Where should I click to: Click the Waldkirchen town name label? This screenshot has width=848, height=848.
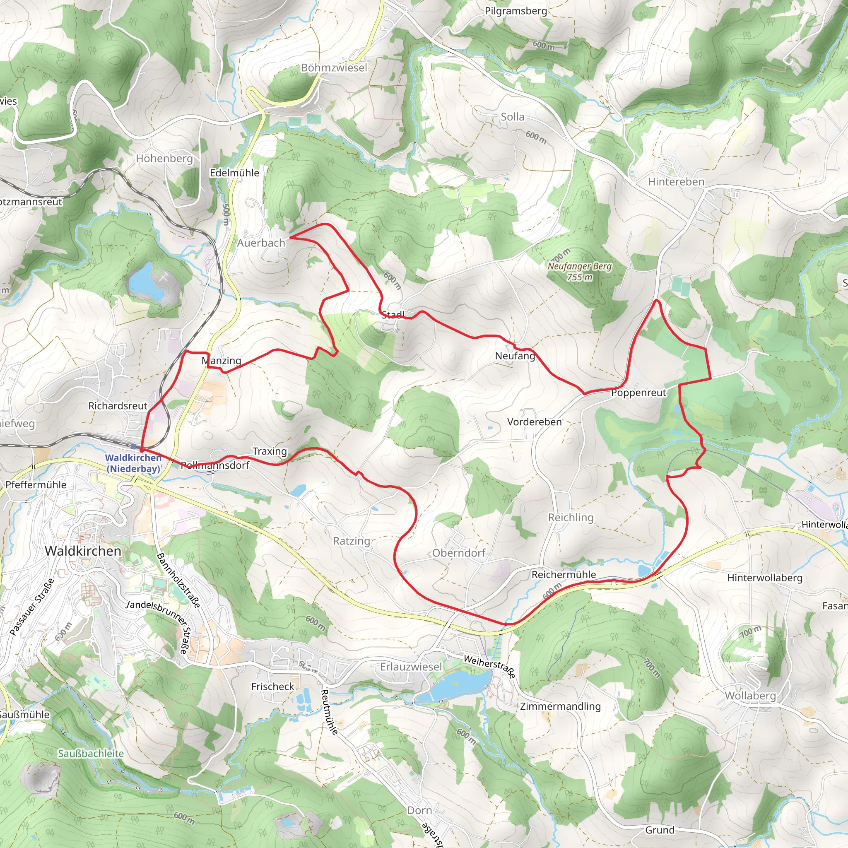tap(83, 551)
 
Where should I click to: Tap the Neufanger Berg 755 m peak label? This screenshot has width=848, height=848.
tap(579, 272)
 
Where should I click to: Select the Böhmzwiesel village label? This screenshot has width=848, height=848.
tap(334, 67)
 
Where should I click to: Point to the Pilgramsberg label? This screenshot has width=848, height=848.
tap(516, 11)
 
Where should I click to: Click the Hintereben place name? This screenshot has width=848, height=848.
tap(676, 182)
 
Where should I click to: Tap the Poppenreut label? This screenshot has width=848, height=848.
tap(638, 393)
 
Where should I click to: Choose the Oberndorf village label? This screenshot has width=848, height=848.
tap(459, 553)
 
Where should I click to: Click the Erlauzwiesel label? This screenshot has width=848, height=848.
tap(411, 667)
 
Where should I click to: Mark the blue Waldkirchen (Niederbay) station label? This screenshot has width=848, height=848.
tap(133, 463)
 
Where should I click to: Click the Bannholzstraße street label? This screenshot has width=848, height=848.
tap(178, 581)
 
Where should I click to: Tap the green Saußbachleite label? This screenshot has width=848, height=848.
tap(91, 754)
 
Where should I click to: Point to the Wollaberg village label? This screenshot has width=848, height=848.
tap(750, 696)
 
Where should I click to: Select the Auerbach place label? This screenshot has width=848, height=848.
tap(261, 243)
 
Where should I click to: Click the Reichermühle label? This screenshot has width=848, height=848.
tap(564, 575)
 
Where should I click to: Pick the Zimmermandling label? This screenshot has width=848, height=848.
tap(560, 706)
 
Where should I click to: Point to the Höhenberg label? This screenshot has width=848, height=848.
tap(164, 159)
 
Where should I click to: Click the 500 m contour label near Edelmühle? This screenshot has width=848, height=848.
tap(226, 214)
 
